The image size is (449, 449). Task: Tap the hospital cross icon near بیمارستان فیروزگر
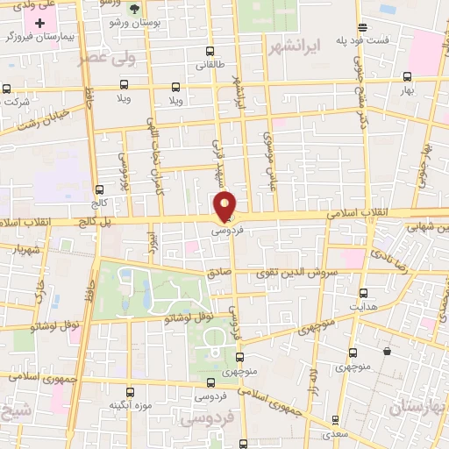[39, 21]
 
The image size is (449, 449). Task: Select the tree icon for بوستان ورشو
[133, 9]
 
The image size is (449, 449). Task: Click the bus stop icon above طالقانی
[207, 51]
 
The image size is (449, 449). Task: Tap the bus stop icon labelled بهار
[406, 77]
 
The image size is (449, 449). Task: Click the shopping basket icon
[386, 352]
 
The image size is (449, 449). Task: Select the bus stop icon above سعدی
[333, 421]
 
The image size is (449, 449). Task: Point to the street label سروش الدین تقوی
[310, 273]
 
